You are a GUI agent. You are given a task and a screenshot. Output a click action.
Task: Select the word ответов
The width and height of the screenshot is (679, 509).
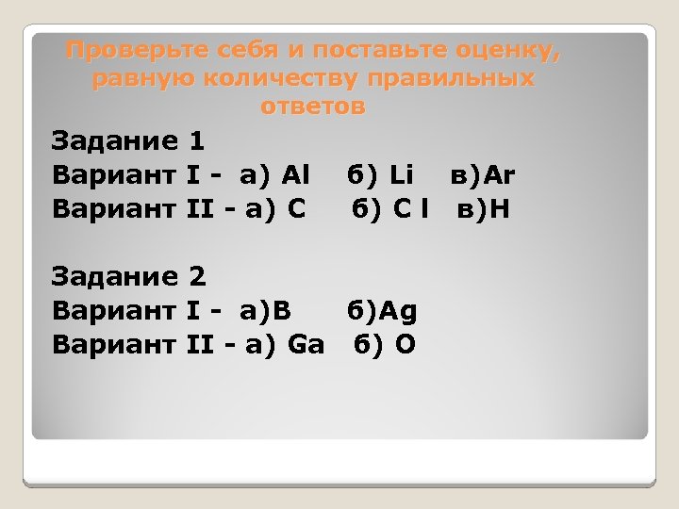(312, 107)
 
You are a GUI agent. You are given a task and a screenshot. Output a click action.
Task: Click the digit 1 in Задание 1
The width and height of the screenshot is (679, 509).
(196, 141)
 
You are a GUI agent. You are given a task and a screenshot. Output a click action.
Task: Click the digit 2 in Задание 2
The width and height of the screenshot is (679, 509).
(196, 277)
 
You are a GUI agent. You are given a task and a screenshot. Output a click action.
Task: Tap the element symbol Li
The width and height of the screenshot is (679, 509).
(401, 175)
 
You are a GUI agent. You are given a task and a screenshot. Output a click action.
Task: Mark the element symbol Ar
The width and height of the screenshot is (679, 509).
(502, 175)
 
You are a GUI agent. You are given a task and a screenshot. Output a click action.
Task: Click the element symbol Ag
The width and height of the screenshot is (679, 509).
(402, 311)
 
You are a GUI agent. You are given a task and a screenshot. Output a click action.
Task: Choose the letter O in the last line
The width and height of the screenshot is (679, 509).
(405, 345)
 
